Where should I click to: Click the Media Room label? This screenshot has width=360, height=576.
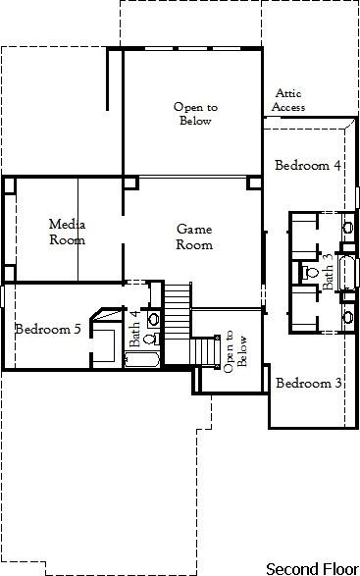67,232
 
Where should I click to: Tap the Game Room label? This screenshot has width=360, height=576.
193,236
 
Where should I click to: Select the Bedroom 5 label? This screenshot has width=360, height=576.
47,329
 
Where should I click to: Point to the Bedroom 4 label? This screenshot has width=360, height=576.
307,165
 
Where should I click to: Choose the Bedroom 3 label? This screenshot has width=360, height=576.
308,383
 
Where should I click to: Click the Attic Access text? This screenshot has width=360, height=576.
289,100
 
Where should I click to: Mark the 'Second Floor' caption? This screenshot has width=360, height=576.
311,567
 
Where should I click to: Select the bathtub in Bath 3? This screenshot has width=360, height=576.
342,267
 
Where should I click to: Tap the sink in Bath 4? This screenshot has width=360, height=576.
153,319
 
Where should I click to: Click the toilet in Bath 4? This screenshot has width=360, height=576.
149,339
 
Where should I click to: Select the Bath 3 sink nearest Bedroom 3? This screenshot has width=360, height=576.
347,315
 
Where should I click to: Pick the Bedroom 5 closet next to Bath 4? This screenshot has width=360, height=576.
102,342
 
